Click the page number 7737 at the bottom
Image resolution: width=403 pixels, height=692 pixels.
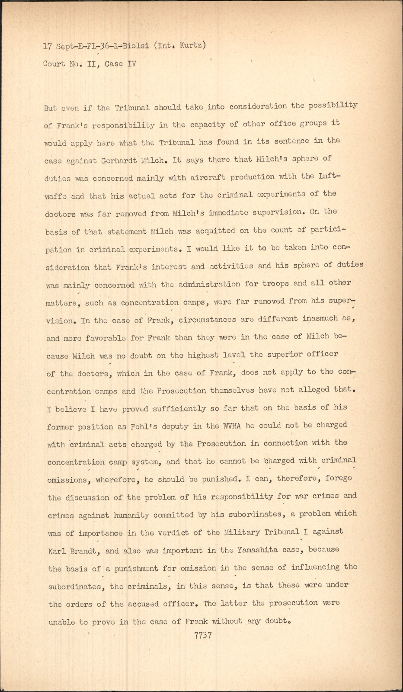203,635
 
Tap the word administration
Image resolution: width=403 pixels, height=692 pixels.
209,284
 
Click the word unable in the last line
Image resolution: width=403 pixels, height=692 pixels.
62,622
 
